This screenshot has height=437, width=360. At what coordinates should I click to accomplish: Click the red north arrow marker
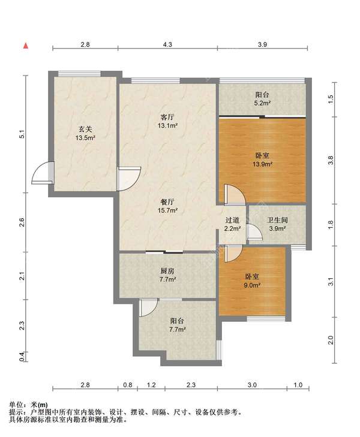(25, 46)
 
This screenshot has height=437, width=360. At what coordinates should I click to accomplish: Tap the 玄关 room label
(85, 129)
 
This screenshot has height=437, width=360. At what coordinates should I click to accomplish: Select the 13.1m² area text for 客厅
(167, 126)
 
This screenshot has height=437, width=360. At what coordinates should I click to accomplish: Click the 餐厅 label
(167, 202)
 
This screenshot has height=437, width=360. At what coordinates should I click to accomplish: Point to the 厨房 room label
(167, 270)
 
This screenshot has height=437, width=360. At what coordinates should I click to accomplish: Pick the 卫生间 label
(277, 220)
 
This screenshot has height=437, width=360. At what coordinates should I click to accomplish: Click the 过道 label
(232, 220)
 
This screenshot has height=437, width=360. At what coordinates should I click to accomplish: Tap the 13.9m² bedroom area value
(262, 164)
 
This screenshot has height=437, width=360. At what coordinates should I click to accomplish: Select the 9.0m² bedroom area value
(253, 285)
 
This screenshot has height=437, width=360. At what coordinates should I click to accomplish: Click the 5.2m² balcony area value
(262, 103)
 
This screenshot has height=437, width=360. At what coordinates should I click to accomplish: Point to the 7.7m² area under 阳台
(178, 330)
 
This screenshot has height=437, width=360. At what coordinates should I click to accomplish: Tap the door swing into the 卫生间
(254, 231)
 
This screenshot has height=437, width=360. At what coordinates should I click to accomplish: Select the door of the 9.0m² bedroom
(233, 253)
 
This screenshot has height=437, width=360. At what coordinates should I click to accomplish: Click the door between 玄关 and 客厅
(128, 179)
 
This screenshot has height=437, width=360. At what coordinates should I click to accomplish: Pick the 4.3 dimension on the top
(167, 44)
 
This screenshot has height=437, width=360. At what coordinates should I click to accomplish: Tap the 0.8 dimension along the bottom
(127, 385)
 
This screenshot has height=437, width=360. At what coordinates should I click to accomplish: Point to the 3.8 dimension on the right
(331, 160)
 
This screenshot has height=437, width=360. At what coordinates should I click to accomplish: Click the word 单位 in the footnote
(16, 405)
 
